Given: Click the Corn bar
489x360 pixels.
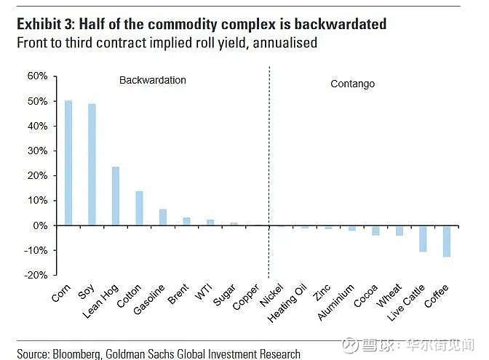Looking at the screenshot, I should click(68, 163).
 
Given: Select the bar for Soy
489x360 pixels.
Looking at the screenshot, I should click(92, 164).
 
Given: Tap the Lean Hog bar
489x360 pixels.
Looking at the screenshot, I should click(116, 196).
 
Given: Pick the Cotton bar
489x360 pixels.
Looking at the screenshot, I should click(139, 208).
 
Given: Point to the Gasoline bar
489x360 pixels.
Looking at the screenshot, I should click(163, 217).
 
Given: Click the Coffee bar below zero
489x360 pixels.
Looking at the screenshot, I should click(446, 241).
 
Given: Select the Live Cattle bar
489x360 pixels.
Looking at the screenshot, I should click(423, 239).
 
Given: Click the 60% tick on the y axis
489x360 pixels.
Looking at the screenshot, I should click(37, 76).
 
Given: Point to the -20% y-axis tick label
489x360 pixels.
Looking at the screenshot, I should click(36, 275).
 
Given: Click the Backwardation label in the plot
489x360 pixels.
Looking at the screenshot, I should click(153, 80).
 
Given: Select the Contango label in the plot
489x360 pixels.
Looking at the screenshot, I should click(352, 84).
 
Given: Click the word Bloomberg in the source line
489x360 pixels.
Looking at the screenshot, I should click(77, 353).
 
